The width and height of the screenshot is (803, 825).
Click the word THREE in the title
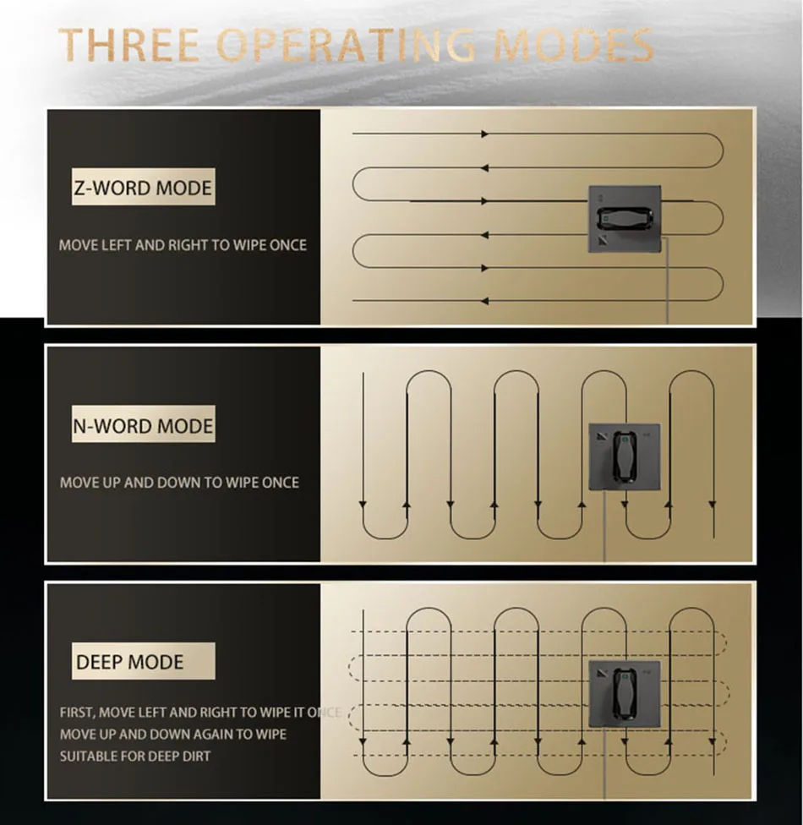point(129,45)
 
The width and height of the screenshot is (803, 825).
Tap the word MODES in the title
point(574,45)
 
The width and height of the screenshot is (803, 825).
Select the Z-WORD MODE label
point(143,188)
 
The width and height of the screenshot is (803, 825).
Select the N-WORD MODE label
point(143,425)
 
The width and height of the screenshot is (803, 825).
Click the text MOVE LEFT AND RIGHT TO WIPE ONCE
point(183,245)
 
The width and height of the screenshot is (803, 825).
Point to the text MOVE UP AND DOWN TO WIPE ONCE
point(179,483)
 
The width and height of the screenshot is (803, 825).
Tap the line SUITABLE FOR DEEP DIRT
point(135,756)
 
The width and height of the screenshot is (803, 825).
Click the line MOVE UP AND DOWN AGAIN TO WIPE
point(173,734)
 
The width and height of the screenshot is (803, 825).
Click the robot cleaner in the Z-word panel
point(625,219)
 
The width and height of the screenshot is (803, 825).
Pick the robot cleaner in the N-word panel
point(625,456)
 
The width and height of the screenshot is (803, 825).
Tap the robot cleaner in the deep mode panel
point(625,694)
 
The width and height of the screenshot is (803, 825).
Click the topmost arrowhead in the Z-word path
point(484,134)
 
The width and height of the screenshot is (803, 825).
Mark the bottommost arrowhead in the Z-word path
point(484,301)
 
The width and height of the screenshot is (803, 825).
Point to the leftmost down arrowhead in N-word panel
point(363,505)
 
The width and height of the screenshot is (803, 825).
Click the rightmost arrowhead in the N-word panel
point(713,505)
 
